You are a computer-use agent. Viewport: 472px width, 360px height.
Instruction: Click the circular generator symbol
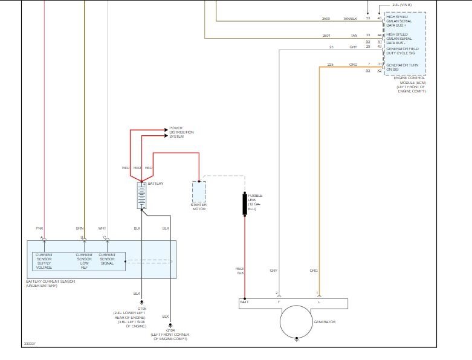tap(296, 321)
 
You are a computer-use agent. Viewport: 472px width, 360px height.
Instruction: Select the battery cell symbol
tap(141, 196)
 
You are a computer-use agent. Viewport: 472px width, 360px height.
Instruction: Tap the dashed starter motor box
tap(199, 191)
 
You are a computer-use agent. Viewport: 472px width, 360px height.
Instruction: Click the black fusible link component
tap(245, 204)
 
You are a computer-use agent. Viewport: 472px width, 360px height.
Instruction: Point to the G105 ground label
tap(141, 308)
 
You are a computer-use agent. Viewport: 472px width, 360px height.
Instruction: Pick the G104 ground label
tap(171, 330)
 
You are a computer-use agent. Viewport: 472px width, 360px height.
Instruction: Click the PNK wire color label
tap(40, 228)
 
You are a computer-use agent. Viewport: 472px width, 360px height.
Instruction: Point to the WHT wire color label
tap(102, 228)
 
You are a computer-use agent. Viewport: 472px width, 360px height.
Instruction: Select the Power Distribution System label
tap(177, 132)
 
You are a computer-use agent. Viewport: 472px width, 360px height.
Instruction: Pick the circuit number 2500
tap(326, 19)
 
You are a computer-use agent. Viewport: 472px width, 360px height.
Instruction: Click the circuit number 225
tap(330, 64)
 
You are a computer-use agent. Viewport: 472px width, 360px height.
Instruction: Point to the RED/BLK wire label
tap(239, 271)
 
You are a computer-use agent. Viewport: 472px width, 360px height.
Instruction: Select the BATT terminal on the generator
tap(244, 301)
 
